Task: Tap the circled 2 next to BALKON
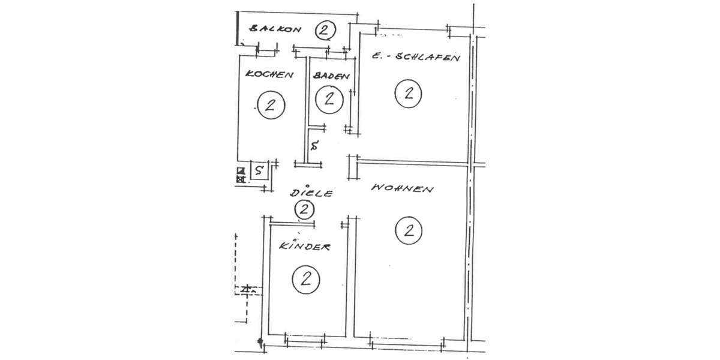pos(325,29)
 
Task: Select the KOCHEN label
pos(269,75)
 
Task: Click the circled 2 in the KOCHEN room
pos(269,106)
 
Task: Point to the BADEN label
pos(330,76)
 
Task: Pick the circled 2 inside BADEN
pos(329,98)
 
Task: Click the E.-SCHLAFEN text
pos(415,58)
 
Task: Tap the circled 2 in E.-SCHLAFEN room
pos(409,93)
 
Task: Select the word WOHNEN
pos(402,188)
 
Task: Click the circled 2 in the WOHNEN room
pos(410,230)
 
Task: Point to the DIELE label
pos(311,193)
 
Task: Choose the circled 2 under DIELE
pos(305,209)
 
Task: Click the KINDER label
pos(305,247)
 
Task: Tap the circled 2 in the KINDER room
pos(305,279)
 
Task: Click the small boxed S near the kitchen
pos(259,170)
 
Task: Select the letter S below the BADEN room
pos(314,145)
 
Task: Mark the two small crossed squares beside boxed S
pos(241,175)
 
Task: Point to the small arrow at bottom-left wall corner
pos(260,344)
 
